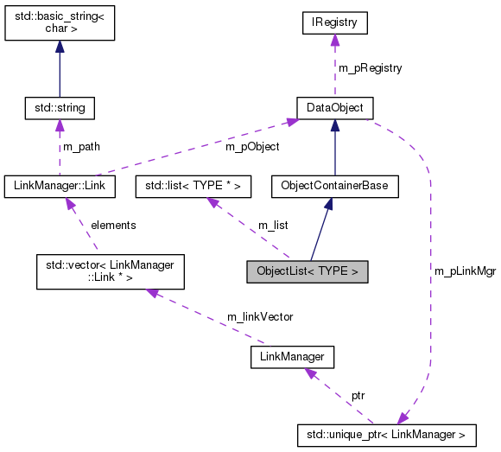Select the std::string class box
(x=59, y=108)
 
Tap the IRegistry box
(x=334, y=23)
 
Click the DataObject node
(x=334, y=108)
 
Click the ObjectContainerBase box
(x=334, y=185)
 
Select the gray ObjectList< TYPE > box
(x=307, y=271)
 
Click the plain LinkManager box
(x=291, y=355)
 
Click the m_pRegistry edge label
(x=369, y=67)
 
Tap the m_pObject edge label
(x=252, y=146)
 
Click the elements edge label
(x=113, y=225)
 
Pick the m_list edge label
(x=274, y=225)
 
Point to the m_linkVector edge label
(x=259, y=316)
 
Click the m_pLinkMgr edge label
(x=464, y=271)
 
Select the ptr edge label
(x=358, y=395)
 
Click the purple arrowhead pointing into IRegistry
(x=334, y=40)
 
